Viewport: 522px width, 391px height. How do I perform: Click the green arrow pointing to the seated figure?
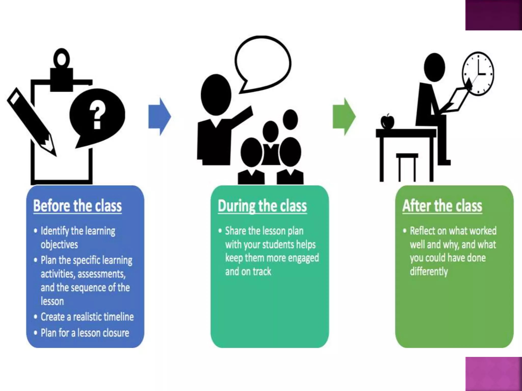[344, 116]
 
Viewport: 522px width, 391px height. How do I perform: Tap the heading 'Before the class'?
[77, 206]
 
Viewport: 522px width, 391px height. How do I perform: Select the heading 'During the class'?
[262, 206]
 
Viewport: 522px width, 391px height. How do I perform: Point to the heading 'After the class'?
[442, 206]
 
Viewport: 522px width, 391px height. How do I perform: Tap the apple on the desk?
[387, 121]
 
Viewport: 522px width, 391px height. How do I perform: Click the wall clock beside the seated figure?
[478, 74]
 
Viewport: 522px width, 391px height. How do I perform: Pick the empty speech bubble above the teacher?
[263, 64]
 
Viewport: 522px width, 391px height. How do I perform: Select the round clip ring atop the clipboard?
[62, 58]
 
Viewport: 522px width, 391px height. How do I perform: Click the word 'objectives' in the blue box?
[59, 245]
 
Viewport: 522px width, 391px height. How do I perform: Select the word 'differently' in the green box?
[429, 271]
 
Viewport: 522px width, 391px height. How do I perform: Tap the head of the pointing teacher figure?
[216, 95]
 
